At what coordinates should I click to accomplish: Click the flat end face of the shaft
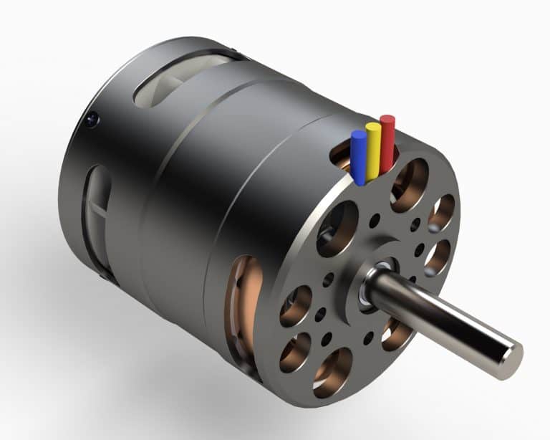(x=509, y=358)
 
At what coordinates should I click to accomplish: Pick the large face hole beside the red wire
(x=410, y=183)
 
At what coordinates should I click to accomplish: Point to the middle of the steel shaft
(x=444, y=318)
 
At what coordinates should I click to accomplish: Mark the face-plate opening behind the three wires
(x=345, y=156)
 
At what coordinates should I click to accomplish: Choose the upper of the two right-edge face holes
(x=442, y=212)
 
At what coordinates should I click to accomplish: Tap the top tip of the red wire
(x=387, y=119)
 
